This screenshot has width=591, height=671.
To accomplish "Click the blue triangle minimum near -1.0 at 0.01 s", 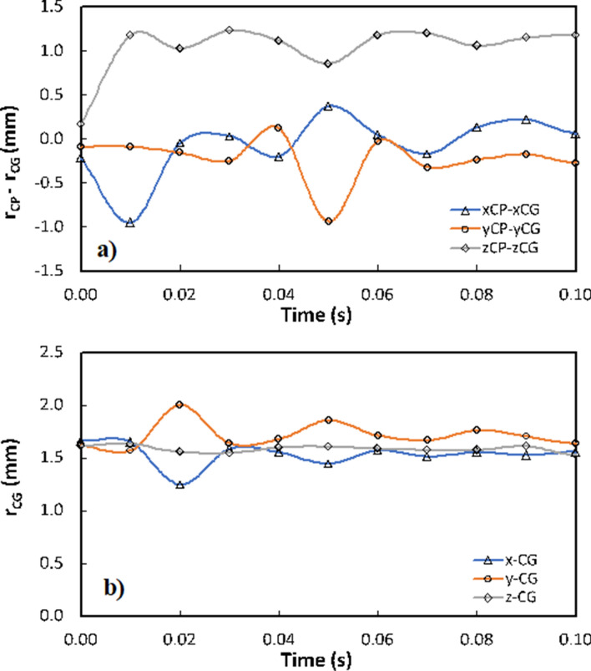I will pyautogui.click(x=130, y=223).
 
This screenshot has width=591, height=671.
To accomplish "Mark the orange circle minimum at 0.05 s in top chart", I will pyautogui.click(x=328, y=221).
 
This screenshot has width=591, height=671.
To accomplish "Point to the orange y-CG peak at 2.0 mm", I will pyautogui.click(x=179, y=404).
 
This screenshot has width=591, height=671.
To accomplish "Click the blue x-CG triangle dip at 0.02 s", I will pyautogui.click(x=179, y=485).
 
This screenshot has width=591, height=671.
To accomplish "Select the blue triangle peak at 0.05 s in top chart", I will pyautogui.click(x=328, y=106).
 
